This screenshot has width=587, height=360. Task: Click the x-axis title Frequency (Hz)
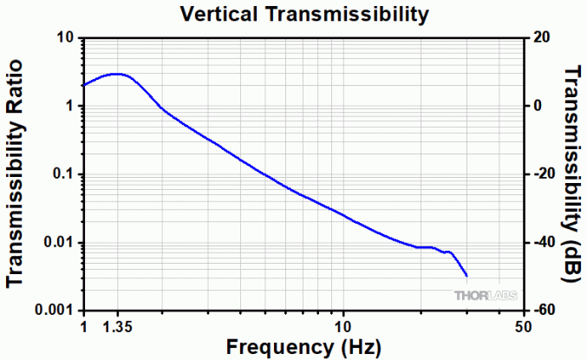303,347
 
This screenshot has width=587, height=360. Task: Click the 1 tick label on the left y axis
68,106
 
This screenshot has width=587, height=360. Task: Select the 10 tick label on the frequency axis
344,327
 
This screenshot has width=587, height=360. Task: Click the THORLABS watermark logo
486,296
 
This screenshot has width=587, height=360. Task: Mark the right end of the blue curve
467,276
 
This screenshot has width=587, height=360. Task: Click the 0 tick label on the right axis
538,106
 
